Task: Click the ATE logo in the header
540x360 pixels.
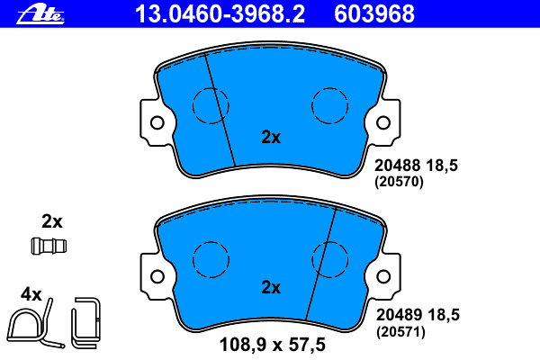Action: pos(40,14)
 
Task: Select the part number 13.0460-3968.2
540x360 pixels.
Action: pos(220,14)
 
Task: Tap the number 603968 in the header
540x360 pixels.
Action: pos(374,14)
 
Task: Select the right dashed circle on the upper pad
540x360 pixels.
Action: pos(330,88)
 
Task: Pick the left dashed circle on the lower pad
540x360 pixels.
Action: pos(211,241)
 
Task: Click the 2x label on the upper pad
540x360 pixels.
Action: pos(271,137)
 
